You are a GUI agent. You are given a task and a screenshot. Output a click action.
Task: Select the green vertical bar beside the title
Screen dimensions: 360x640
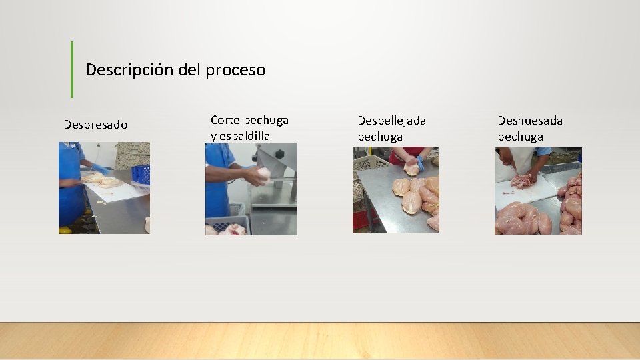[72, 69]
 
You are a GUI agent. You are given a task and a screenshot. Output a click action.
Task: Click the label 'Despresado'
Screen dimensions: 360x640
[95, 125]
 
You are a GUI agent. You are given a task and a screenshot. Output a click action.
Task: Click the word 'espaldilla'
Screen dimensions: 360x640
[245, 136]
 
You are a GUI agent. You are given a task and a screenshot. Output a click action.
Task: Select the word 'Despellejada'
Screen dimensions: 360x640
[391, 121]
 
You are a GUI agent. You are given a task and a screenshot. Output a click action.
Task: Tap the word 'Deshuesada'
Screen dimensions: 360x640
[530, 121]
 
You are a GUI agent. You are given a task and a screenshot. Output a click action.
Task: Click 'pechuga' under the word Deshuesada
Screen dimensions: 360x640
[520, 137]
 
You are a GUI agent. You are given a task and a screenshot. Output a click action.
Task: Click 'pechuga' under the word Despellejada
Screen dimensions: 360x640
[380, 137]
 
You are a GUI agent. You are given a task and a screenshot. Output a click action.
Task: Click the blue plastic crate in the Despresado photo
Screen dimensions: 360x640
[140, 175]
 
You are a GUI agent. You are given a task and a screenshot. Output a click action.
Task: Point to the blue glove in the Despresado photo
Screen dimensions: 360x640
[100, 169]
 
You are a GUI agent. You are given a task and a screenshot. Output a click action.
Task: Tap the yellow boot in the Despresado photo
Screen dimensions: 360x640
[65, 230]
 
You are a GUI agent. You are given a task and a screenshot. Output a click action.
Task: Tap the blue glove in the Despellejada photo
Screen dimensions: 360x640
[420, 164]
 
